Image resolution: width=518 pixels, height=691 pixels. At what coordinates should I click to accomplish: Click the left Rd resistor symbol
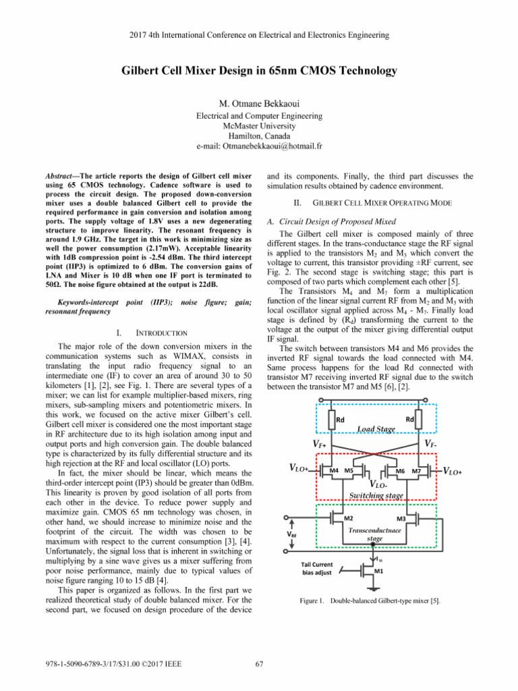332,420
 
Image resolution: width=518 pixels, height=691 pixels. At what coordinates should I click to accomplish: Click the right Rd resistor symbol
419,420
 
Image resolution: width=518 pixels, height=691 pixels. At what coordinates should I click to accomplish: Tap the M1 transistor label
380,570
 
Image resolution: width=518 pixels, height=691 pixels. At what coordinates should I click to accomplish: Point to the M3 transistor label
400,518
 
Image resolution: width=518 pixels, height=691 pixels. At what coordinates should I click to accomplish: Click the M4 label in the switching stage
334,470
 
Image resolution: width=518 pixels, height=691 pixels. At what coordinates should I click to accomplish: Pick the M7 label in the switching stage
417,470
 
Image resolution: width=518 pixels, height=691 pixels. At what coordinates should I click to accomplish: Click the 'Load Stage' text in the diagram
376,429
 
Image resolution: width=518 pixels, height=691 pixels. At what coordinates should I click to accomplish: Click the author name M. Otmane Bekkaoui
258,103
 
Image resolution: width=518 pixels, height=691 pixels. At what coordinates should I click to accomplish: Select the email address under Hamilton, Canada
258,146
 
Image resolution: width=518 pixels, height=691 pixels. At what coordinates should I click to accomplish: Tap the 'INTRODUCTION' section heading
163,333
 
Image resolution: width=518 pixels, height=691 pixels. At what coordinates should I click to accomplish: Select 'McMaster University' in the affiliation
258,126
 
